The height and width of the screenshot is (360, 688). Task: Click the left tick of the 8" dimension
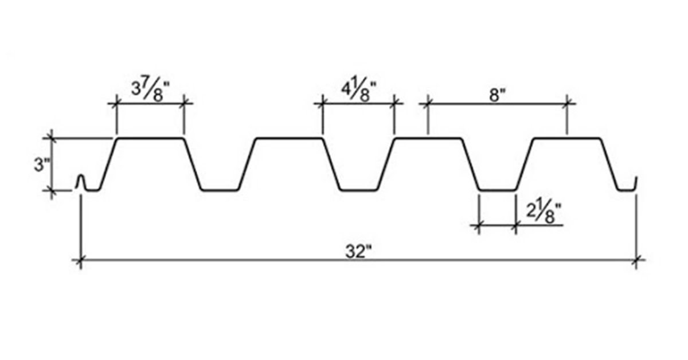pyautogui.click(x=427, y=104)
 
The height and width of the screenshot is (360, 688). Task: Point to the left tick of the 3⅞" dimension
pyautogui.click(x=116, y=104)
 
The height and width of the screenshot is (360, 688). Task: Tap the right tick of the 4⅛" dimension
pyautogui.click(x=394, y=104)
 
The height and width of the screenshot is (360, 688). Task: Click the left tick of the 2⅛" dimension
pyautogui.click(x=478, y=226)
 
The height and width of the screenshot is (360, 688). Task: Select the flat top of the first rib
pyautogui.click(x=150, y=138)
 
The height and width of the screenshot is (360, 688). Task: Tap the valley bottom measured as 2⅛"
pyautogui.click(x=498, y=190)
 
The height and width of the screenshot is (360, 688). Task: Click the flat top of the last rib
pyautogui.click(x=567, y=138)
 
